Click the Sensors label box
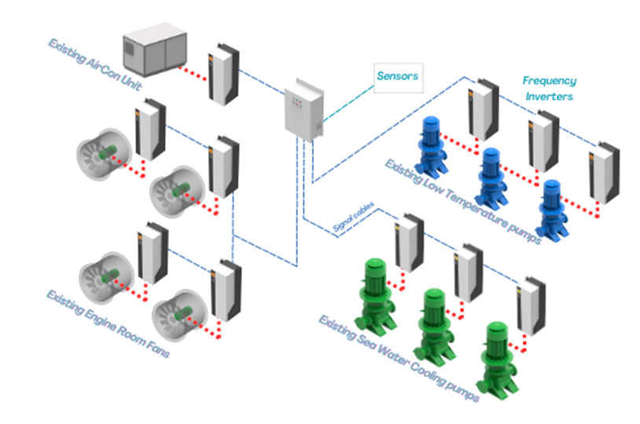(x=397, y=77)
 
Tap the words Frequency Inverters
(x=549, y=88)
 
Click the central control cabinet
(x=302, y=109)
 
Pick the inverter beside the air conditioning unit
(x=223, y=75)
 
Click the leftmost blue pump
(x=432, y=144)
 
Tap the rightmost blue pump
(x=550, y=207)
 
